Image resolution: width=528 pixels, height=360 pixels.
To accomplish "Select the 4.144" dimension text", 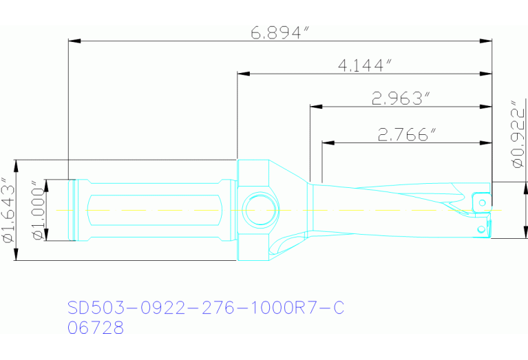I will point(365,65).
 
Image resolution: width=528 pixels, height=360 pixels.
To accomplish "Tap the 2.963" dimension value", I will point(401,99).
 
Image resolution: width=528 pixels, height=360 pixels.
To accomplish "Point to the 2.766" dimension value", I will point(408,135).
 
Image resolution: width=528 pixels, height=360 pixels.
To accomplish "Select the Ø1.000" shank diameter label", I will point(36,210).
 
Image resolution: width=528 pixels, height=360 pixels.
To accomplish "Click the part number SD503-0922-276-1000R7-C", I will point(205,308).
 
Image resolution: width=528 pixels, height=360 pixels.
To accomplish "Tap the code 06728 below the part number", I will point(96,328).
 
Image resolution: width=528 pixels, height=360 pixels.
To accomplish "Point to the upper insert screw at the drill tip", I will point(483,202).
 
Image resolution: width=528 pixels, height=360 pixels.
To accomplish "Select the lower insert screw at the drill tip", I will point(480,227).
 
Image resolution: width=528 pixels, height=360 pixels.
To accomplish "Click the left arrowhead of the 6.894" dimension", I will point(74,41).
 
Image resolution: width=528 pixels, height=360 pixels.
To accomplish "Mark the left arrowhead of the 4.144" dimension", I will point(242,73).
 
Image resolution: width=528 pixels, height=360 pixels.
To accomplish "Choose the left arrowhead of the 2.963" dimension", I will point(315,107).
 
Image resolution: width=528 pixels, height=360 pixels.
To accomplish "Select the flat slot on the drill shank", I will point(156,209).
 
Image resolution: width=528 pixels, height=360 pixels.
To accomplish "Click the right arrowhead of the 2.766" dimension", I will point(487,142).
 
